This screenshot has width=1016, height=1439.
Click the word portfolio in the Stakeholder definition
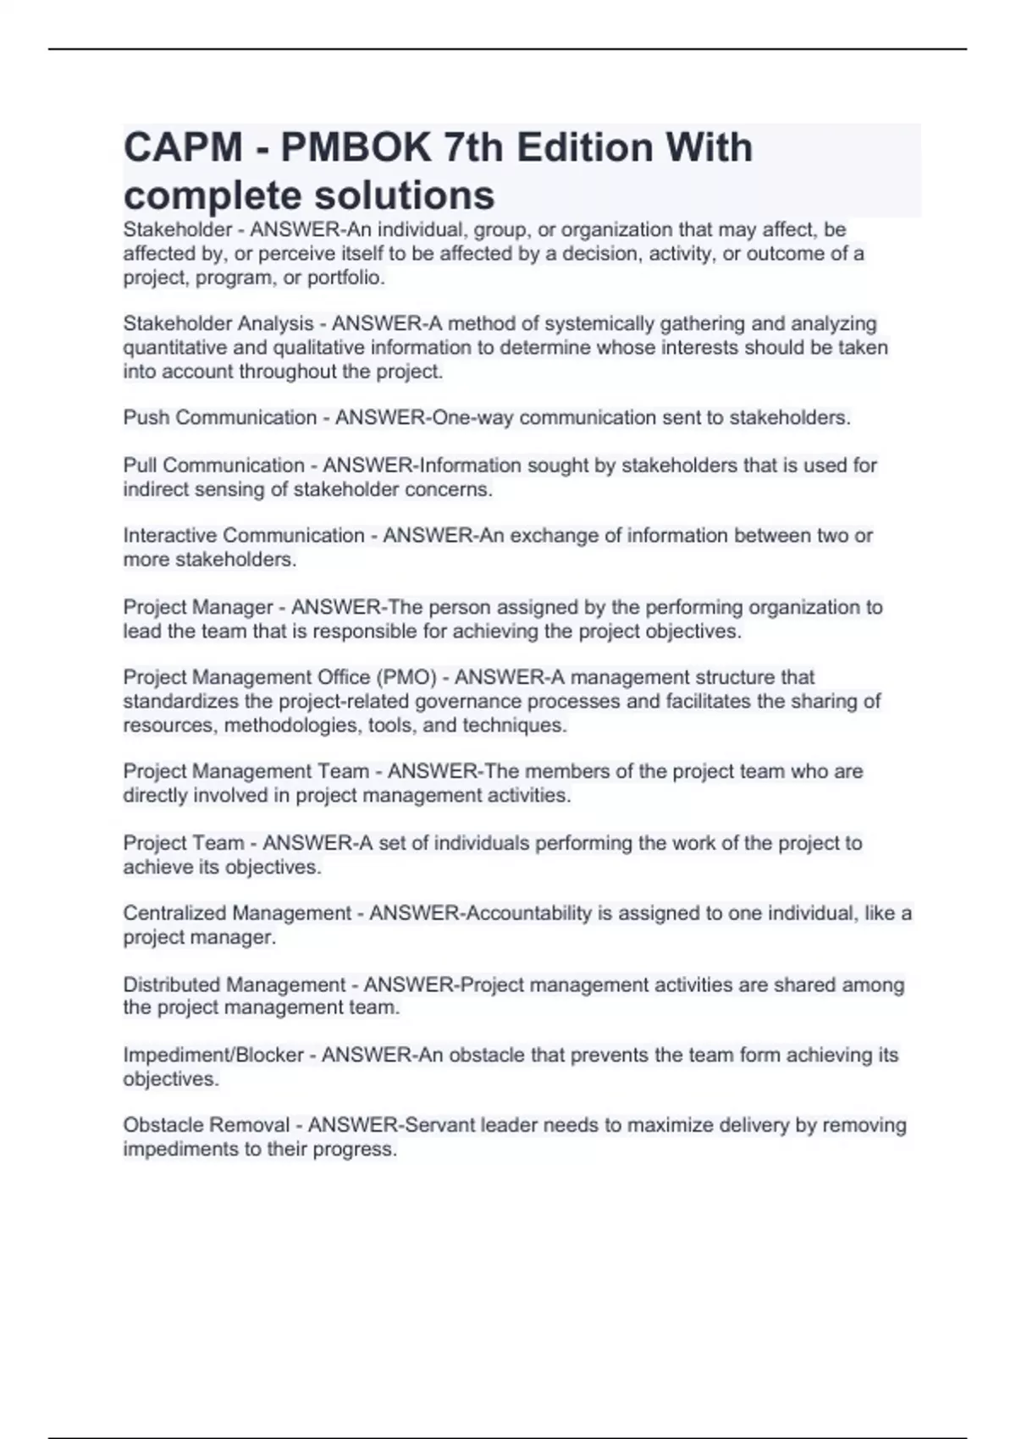345,278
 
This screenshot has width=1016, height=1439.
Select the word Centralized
175,913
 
